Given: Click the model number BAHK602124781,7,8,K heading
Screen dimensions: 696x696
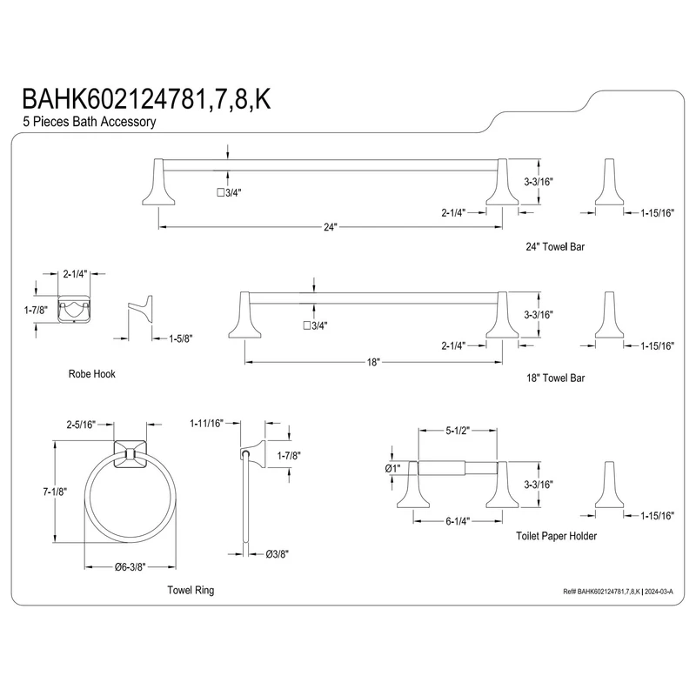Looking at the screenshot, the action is tap(146, 98).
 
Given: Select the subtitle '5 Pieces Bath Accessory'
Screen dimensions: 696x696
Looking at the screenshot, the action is tap(90, 122).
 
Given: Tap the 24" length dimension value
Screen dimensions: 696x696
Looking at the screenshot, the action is tap(331, 227).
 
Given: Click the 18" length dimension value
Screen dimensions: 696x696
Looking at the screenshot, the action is tap(373, 362).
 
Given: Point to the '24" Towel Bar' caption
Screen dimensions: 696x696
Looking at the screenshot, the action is tap(555, 247).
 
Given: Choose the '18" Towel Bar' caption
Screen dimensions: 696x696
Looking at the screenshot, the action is tap(555, 378).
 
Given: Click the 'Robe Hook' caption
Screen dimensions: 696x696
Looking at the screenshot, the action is tap(92, 374).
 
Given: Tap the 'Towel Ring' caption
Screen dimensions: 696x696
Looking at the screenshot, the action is tap(191, 590).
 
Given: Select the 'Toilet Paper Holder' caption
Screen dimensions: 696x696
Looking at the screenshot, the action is tap(556, 536).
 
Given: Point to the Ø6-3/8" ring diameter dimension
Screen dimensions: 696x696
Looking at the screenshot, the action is tap(130, 567).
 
